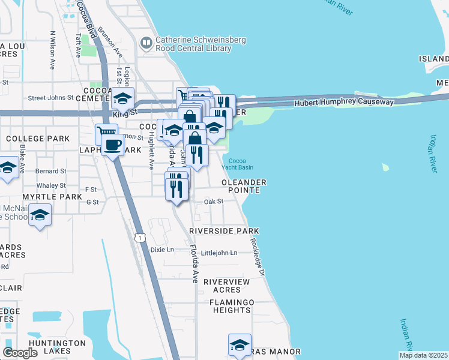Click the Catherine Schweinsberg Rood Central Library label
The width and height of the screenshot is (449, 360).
(193, 44)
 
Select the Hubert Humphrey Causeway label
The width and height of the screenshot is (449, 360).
(344, 102)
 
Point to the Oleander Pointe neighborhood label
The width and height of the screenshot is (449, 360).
(244, 186)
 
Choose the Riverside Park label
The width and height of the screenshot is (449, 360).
(224, 231)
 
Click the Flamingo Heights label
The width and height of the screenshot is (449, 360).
(231, 306)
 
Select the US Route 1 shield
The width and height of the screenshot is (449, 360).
(140, 238)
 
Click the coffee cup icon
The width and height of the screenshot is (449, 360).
(112, 144)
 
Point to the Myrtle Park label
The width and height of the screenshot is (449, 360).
(52, 197)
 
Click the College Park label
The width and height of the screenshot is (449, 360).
(38, 139)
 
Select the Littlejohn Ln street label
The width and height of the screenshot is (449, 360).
(219, 253)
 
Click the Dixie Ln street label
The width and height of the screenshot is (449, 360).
(161, 250)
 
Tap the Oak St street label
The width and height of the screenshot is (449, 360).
(213, 202)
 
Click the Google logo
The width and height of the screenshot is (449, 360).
(20, 353)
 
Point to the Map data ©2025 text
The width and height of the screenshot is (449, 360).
(423, 355)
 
